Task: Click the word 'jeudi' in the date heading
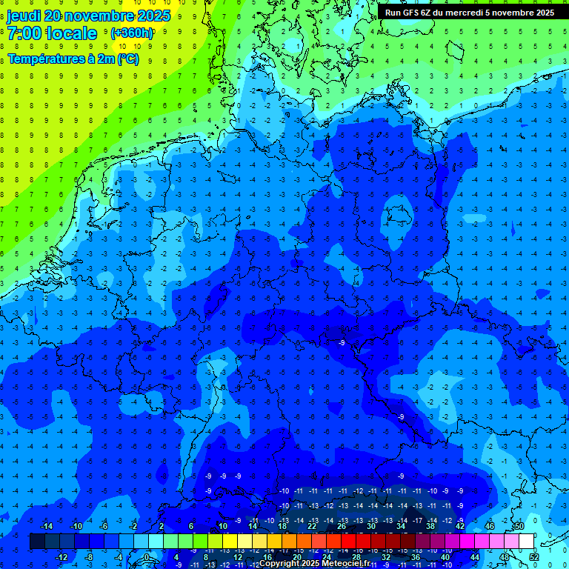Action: point(24,16)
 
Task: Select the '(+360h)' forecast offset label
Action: point(132,33)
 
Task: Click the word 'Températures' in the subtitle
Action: point(44,59)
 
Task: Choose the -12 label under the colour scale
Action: point(61,557)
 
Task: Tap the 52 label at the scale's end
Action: point(533,557)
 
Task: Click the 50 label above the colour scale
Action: point(519,526)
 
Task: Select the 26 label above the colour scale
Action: point(342,526)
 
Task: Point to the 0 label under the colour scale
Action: point(147,557)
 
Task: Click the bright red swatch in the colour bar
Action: point(349,542)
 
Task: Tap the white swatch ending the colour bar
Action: point(526,542)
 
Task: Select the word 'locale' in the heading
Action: point(71,34)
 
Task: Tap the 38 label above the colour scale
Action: point(430,526)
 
